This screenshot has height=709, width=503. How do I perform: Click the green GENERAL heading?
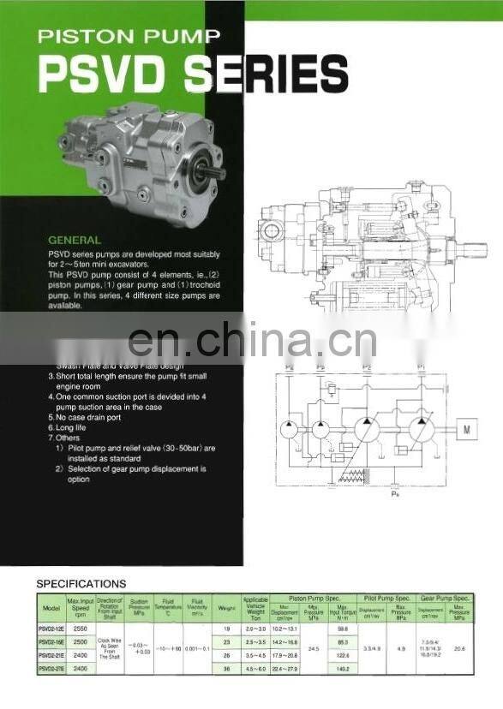[x=75, y=240]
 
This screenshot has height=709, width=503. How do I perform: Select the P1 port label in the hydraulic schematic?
[x=420, y=367]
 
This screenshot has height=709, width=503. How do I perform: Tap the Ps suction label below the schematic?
[x=395, y=494]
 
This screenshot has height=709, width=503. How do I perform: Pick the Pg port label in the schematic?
[x=289, y=367]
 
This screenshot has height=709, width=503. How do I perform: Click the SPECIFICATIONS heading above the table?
[x=81, y=584]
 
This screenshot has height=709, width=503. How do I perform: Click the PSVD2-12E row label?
[x=51, y=629]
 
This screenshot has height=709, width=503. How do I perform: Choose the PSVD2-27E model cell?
[x=51, y=668]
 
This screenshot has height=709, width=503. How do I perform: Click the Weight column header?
[x=226, y=609]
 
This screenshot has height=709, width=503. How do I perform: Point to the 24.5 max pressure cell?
[x=313, y=648]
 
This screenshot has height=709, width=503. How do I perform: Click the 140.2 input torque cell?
[x=343, y=668]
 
